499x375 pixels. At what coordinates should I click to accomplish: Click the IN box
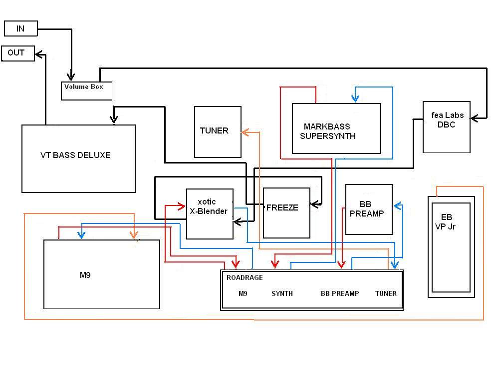pos(21,28)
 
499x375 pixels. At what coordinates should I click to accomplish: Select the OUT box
pos(18,53)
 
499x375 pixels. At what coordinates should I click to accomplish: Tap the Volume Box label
pos(84,86)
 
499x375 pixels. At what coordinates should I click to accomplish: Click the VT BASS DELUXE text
pos(75,155)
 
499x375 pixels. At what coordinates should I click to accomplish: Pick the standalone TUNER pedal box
pos(218,132)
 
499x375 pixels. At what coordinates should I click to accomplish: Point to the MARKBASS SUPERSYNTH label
pos(327,131)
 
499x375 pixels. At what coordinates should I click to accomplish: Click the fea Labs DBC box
pos(447,127)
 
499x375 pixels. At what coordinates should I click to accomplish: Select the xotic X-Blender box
pos(210,214)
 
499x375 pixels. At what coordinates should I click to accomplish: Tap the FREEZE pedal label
pos(282,208)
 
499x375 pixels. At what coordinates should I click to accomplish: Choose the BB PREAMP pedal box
pos(369,209)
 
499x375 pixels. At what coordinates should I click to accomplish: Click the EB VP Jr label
pos(446,222)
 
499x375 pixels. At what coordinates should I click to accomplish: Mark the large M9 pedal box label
pos(85,275)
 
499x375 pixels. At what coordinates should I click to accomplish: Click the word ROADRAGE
pos(245,277)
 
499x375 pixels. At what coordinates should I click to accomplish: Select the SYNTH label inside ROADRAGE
pos(282,293)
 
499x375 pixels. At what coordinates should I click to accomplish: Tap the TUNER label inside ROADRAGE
pos(386,293)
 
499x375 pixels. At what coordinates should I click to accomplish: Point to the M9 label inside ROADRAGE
pos(243,293)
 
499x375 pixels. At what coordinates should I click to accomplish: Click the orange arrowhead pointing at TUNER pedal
pos(245,132)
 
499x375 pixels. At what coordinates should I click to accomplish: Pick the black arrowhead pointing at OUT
pos(39,54)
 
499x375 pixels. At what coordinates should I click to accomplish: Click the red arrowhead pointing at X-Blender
pos(182,206)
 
